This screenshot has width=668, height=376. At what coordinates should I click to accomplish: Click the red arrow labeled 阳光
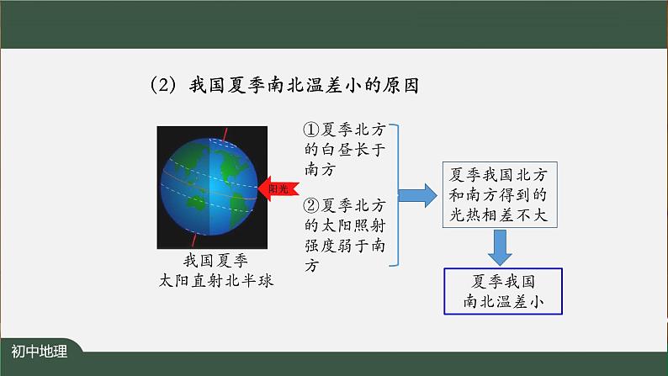tap(276, 188)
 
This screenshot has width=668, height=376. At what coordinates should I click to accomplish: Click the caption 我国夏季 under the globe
tap(215, 260)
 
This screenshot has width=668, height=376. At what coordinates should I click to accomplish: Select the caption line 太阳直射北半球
tap(215, 280)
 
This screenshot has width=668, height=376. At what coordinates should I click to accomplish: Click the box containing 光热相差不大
tap(499, 194)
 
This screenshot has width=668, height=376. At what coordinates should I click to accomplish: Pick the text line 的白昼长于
tap(345, 151)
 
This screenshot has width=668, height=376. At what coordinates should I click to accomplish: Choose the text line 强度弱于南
tap(345, 245)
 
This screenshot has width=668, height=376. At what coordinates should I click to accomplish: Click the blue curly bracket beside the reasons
tap(393, 195)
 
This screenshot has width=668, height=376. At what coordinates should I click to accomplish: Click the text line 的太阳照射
tap(345, 225)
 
